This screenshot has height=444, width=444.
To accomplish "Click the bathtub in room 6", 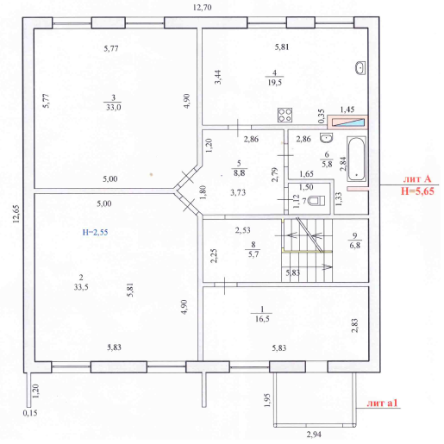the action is [357, 159].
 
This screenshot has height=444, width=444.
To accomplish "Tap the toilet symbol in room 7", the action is [316, 201].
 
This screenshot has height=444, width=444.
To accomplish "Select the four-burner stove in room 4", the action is [285, 115].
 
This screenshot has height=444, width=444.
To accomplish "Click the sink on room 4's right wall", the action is [360, 68].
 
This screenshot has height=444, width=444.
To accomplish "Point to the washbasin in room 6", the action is [327, 138].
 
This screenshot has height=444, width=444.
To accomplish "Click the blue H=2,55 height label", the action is [95, 232].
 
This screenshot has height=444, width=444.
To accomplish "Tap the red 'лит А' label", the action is [417, 179].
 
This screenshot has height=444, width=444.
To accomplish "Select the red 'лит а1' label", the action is [382, 403].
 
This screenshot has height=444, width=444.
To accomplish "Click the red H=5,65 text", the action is [417, 191].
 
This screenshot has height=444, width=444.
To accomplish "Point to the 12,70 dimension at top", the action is [202, 8].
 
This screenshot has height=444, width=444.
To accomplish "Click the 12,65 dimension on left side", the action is [16, 214].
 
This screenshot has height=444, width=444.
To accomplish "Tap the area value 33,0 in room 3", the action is [114, 108].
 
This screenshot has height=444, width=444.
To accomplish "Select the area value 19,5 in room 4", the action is [275, 83].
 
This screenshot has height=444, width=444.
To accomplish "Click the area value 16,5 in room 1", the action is [262, 319].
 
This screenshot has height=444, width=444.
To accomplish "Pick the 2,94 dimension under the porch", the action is [314, 435].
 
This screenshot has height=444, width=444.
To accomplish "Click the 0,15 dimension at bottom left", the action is [30, 413].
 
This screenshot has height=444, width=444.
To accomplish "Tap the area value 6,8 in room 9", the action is [355, 246].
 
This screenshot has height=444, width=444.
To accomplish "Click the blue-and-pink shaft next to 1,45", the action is [347, 122].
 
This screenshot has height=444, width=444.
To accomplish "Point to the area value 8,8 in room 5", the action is [239, 173].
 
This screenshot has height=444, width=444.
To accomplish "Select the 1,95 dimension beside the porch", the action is [267, 400].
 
